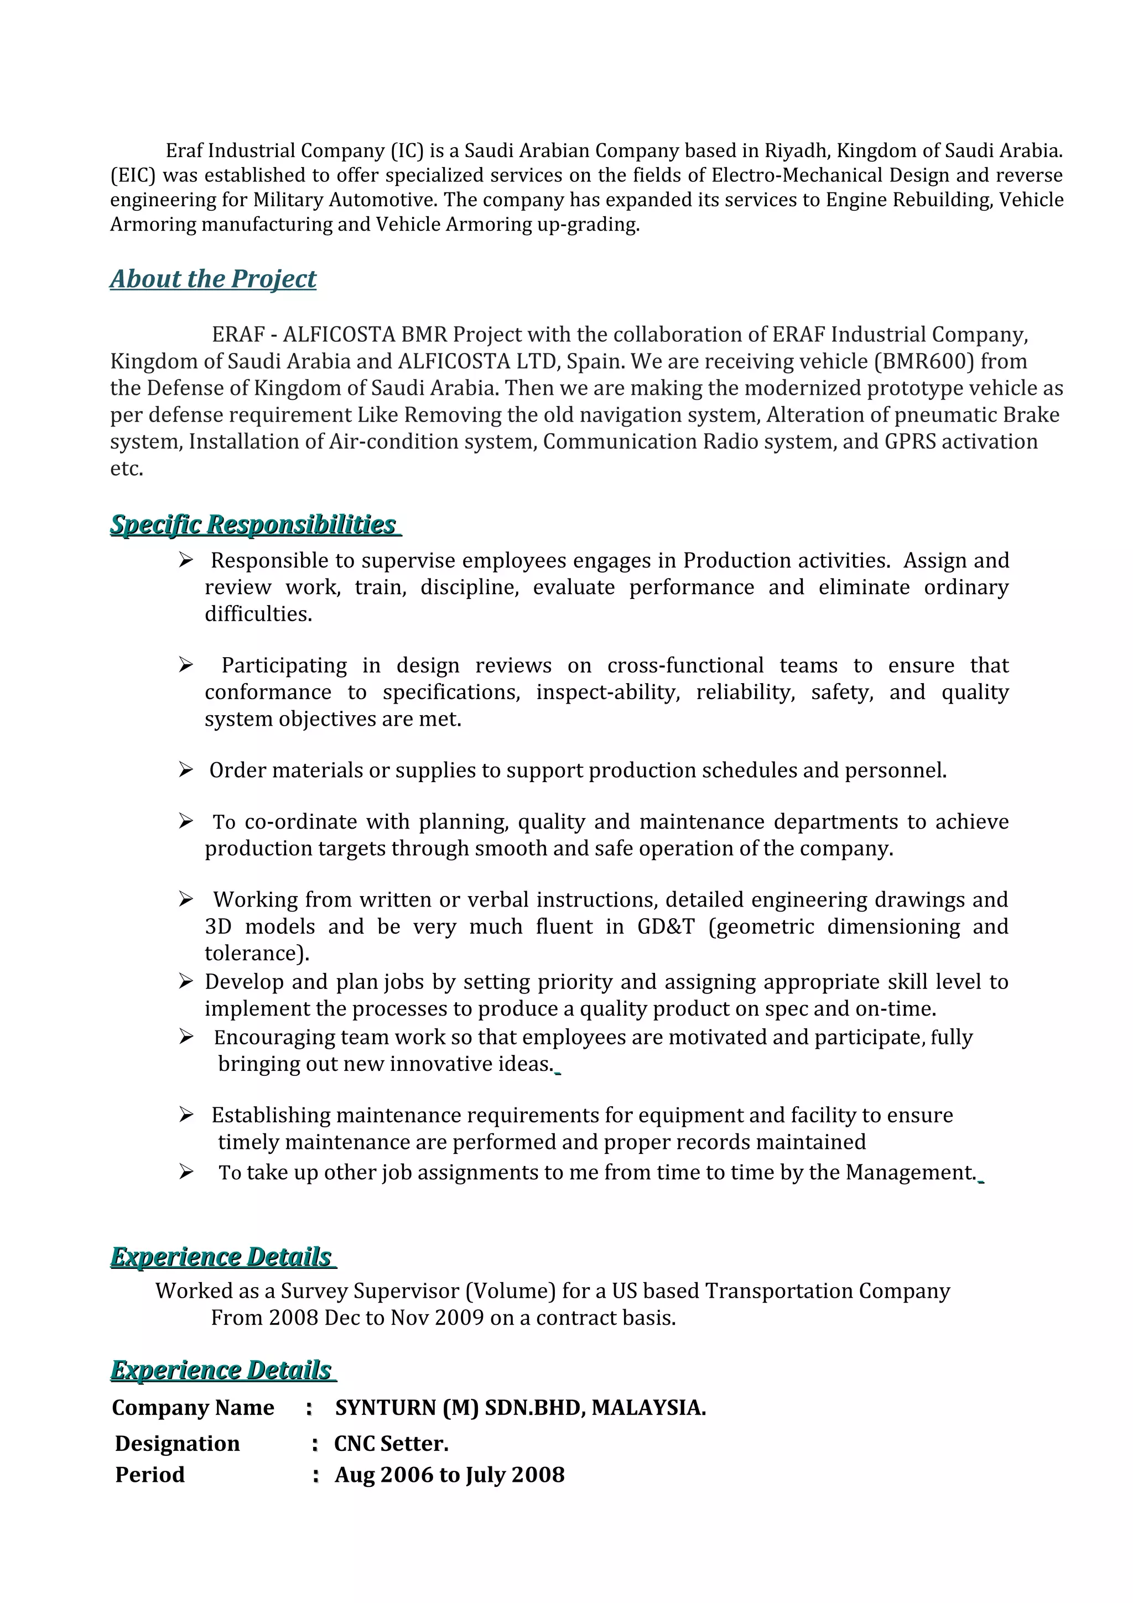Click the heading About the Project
pos(213,279)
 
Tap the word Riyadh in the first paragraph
pos(794,151)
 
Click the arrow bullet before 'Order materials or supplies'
pos(186,769)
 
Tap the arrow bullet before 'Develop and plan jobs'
pos(186,982)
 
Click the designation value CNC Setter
pos(391,1443)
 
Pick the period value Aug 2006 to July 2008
pos(449,1475)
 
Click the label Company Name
pos(193,1408)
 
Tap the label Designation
pos(178,1443)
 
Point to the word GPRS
pos(909,442)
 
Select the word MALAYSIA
pos(648,1408)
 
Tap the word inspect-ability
pos(607,692)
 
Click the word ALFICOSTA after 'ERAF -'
pos(339,335)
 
